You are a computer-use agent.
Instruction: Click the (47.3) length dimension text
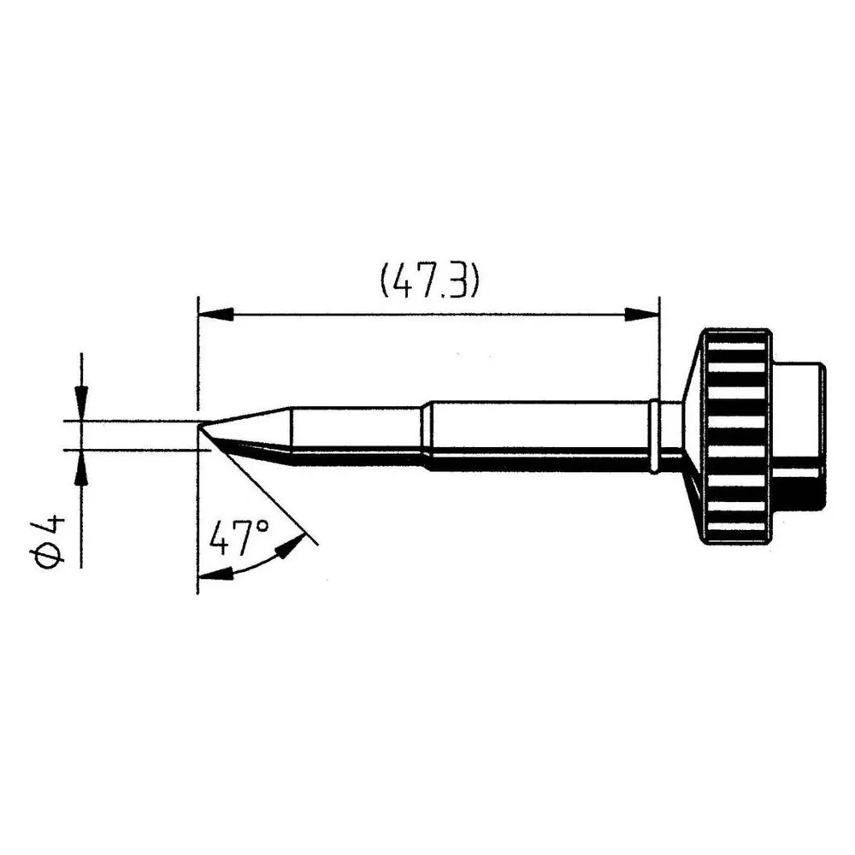pyautogui.click(x=429, y=281)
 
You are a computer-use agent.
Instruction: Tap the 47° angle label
pyautogui.click(x=239, y=537)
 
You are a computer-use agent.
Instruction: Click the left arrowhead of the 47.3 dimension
pyautogui.click(x=216, y=315)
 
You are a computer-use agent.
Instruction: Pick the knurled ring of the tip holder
pyautogui.click(x=735, y=437)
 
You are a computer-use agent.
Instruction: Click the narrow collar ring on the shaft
pyautogui.click(x=655, y=437)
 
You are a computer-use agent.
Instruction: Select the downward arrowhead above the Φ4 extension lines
pyautogui.click(x=81, y=403)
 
